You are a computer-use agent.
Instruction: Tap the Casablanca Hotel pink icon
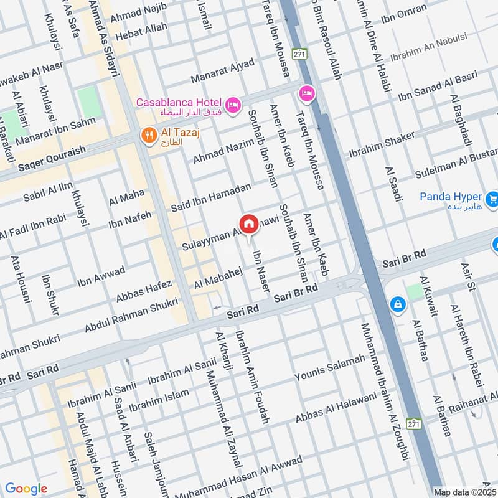click(x=233, y=105)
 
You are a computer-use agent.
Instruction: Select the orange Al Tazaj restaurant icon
click(x=148, y=134)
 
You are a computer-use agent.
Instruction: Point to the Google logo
click(x=26, y=489)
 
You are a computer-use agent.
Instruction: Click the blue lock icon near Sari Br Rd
click(x=396, y=304)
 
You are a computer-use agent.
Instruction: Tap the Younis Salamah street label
click(x=329, y=367)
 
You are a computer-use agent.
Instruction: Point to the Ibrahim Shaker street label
click(x=381, y=144)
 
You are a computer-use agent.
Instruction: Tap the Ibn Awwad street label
click(x=101, y=278)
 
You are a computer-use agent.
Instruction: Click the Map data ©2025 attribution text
click(x=465, y=492)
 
